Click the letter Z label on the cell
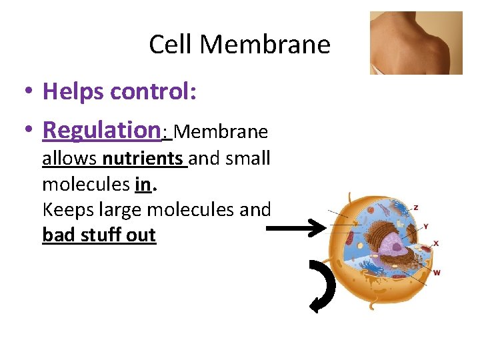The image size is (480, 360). point(417,207)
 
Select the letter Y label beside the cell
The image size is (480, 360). point(426,227)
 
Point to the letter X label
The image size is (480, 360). point(436,244)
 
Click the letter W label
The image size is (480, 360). point(437,273)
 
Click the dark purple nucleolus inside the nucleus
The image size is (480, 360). point(397,247)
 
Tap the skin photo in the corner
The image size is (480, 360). point(416,43)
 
